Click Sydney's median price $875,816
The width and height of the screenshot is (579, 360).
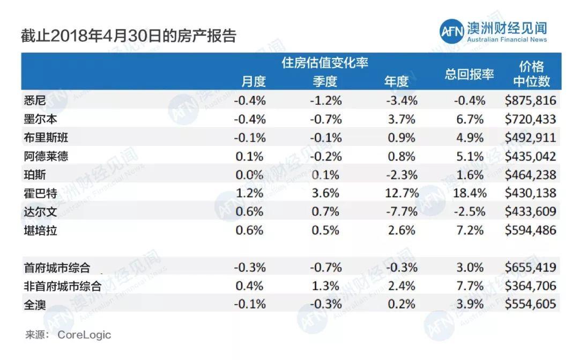pyautogui.click(x=530, y=100)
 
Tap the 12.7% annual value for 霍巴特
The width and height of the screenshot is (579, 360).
pyautogui.click(x=400, y=193)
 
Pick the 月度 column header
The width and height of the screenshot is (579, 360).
pyautogui.click(x=253, y=82)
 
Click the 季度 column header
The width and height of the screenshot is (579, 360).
pyautogui.click(x=324, y=82)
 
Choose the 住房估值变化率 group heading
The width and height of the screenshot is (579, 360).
pyautogui.click(x=325, y=63)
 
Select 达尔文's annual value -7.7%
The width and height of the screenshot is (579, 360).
pyautogui.click(x=400, y=211)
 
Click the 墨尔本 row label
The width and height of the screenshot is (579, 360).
pyautogui.click(x=41, y=119)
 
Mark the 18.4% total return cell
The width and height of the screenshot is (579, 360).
pyautogui.click(x=469, y=193)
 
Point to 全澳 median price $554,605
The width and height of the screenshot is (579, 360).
pyautogui.click(x=530, y=304)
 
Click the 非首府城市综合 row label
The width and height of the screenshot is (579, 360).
pyautogui.click(x=63, y=286)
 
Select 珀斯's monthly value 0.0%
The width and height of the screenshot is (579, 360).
pyautogui.click(x=249, y=175)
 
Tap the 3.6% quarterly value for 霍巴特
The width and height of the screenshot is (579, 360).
pyautogui.click(x=326, y=193)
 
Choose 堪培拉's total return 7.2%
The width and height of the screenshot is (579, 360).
pyautogui.click(x=470, y=230)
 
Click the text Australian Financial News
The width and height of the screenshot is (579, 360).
pyautogui.click(x=507, y=40)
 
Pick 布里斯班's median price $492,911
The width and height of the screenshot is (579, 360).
pyautogui.click(x=530, y=137)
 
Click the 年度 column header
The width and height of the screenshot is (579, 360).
pyautogui.click(x=396, y=82)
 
